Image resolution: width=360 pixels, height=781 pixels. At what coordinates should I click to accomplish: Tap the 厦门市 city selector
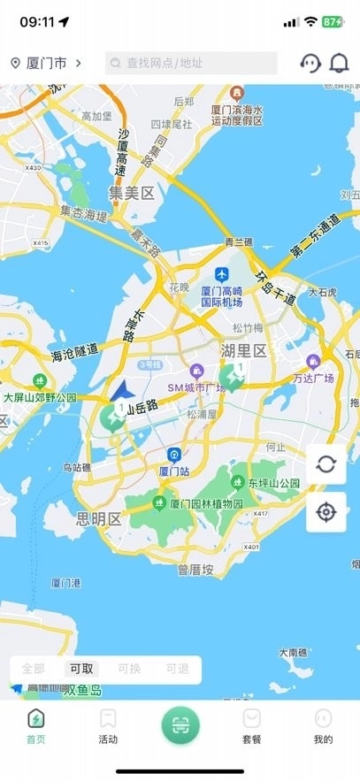46,63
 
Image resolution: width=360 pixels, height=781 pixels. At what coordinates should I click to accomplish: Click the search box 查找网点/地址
191,63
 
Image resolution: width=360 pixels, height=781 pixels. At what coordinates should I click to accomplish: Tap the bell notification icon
339,63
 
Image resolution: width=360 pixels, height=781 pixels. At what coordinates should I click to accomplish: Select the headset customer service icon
310,63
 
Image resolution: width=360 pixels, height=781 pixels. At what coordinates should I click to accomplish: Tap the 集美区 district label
132,193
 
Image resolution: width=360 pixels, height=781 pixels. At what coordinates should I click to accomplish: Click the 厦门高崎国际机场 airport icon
222,273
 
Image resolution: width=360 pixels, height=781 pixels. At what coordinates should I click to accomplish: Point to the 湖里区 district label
243,351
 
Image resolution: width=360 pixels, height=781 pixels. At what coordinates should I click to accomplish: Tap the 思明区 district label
99,518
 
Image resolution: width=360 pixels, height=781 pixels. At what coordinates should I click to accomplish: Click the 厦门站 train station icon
174,455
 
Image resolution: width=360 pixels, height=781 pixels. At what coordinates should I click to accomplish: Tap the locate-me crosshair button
326,512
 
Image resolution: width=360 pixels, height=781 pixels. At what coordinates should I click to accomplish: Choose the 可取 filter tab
82,669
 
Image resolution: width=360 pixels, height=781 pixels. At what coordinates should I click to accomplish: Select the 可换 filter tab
129,669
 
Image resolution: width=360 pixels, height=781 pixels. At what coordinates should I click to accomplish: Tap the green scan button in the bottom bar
180,725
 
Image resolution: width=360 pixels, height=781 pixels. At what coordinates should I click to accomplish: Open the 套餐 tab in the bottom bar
252,726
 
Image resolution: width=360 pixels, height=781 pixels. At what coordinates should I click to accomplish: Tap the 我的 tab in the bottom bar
324,726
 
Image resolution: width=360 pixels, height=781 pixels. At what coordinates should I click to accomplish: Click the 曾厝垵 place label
195,570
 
